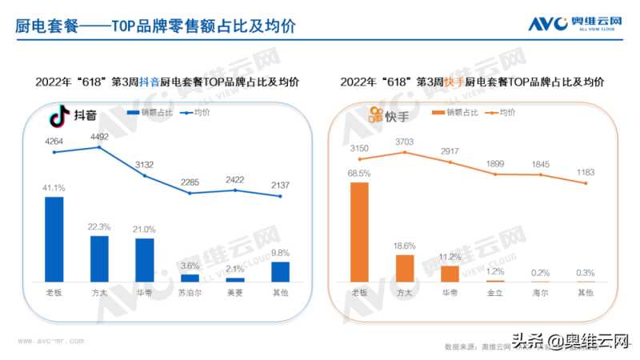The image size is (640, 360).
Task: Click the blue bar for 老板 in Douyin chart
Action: tap(54, 238)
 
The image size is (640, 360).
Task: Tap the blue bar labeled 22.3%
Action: tap(99, 258)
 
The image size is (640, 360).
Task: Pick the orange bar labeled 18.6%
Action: tap(405, 268)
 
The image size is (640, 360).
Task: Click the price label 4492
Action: tap(99, 136)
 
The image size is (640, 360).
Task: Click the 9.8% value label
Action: tap(280, 252)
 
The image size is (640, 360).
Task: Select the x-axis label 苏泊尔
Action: tap(190, 294)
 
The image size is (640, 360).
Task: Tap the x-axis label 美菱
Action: tap(235, 294)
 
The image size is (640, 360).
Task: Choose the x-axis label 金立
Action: tap(495, 294)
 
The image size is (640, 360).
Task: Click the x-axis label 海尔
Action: tap(541, 294)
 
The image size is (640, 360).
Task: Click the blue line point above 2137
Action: tap(280, 197)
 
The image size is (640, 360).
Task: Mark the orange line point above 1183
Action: tap(586, 183)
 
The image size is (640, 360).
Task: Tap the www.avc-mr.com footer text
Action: tap(47, 339)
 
